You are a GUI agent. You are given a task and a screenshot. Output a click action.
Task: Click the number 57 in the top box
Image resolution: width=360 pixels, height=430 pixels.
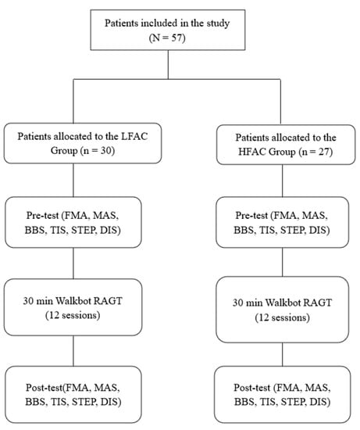coord(176,38)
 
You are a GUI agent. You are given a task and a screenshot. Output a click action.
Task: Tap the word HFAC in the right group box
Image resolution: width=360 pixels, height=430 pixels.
coord(249,152)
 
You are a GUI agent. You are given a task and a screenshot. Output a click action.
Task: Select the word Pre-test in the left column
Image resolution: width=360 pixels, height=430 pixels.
coord(43,216)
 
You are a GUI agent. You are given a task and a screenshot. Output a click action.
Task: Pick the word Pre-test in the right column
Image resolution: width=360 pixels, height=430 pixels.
coord(251,216)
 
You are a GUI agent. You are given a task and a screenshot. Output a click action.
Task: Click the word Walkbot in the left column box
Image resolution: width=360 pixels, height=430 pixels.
coord(73,301)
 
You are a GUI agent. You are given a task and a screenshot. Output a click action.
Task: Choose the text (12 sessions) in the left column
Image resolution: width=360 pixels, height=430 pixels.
coord(73,315)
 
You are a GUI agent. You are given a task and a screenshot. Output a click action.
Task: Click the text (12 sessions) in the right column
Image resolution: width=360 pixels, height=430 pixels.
coord(283,317)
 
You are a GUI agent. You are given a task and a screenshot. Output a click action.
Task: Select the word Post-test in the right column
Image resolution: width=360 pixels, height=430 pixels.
coord(252,388)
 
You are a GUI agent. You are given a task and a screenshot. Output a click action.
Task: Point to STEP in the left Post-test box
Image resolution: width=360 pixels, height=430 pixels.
coord(84,402)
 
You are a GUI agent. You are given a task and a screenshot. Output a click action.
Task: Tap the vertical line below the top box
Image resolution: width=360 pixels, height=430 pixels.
coord(168,65)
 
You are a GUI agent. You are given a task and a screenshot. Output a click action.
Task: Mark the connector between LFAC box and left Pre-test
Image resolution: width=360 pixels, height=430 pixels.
coord(73,180)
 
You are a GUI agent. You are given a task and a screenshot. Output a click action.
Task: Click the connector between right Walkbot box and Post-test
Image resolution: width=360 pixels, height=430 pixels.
coord(283,354)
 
